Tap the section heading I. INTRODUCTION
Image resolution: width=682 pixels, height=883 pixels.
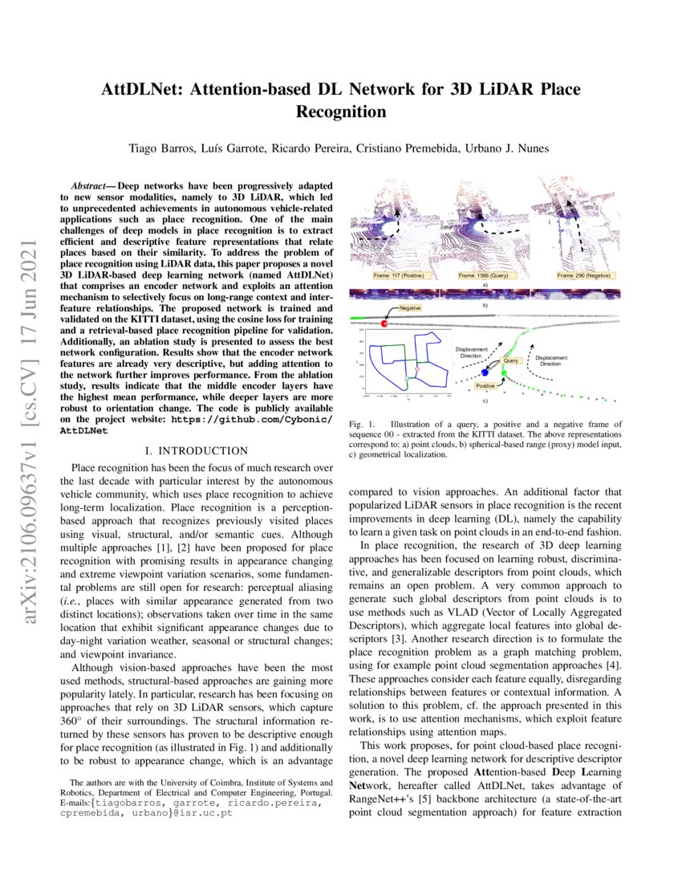click(x=197, y=451)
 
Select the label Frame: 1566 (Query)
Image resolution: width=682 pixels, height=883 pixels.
click(x=480, y=275)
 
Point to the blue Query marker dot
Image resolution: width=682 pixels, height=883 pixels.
click(x=485, y=372)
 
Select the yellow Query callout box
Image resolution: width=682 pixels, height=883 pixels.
click(x=512, y=362)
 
